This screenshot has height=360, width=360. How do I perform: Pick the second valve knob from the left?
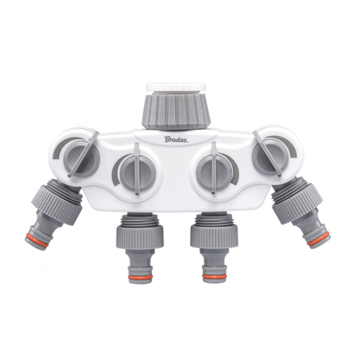coord(132,171)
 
